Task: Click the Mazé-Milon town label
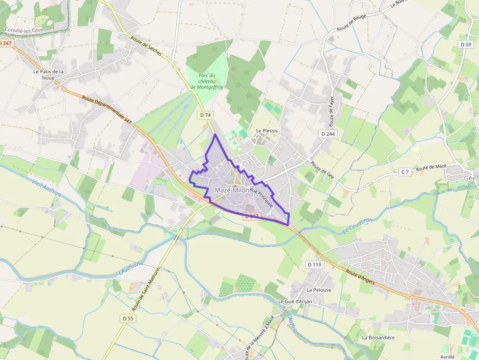(x=232, y=190)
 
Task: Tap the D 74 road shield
(x=206, y=115)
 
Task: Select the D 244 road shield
(x=328, y=133)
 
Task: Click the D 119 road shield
(x=315, y=264)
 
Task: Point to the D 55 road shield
(x=128, y=318)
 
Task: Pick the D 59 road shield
(x=466, y=44)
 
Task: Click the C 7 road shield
(x=405, y=171)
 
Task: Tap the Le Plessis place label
(x=267, y=131)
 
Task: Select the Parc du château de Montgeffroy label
(x=207, y=81)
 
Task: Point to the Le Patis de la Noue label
(x=48, y=74)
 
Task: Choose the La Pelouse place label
(x=319, y=290)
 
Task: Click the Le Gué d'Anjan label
(x=295, y=301)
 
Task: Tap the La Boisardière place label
(x=378, y=338)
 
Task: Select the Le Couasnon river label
(x=357, y=225)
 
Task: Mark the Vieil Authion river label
(x=47, y=187)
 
